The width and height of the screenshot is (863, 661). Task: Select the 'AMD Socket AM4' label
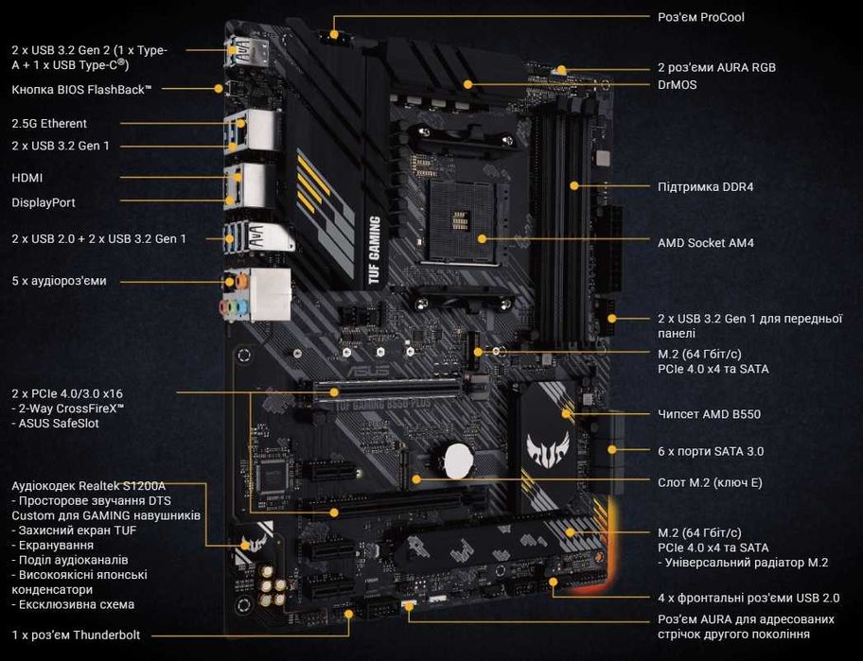pos(705,243)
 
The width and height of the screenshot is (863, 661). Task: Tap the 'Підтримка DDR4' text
pos(705,186)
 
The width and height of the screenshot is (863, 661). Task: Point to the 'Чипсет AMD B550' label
pos(709,414)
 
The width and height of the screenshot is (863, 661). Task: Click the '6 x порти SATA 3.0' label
pos(710,451)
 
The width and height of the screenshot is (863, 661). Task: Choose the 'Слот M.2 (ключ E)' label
pos(710,483)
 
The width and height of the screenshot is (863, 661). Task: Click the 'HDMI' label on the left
pos(26,178)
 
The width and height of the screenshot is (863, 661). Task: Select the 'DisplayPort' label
pos(43,202)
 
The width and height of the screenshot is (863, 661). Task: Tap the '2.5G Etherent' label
pos(49,123)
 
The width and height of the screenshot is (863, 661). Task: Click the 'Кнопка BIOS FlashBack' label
pos(81,89)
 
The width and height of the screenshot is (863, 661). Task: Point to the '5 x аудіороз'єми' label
pos(59,281)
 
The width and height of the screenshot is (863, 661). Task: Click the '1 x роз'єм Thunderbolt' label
pos(76,635)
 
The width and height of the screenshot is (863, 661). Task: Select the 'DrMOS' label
pos(678,84)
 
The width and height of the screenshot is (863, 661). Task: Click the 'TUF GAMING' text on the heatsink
pos(374,251)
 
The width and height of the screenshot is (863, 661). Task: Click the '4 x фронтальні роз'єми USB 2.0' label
pos(749,598)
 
